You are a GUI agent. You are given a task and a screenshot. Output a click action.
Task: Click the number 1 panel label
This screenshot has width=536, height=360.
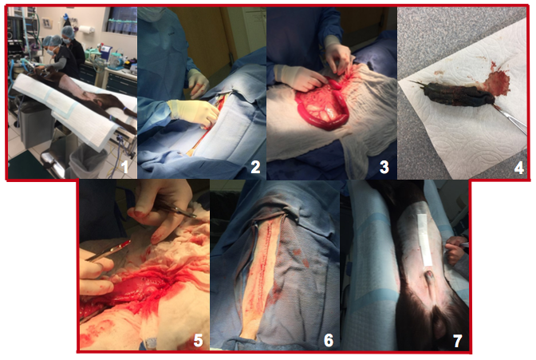pyautogui.click(x=124, y=168)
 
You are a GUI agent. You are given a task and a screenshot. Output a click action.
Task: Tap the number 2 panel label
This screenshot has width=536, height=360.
pyautogui.click(x=255, y=167)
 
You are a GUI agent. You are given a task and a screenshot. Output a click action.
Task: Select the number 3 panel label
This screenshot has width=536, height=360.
pyautogui.click(x=384, y=167)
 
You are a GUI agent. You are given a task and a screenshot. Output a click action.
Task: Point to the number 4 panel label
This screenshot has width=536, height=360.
pyautogui.click(x=518, y=168)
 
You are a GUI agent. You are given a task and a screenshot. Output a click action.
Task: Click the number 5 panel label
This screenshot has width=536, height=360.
pyautogui.click(x=199, y=341)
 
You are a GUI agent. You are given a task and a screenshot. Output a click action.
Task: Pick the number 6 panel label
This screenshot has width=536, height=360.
pyautogui.click(x=328, y=340)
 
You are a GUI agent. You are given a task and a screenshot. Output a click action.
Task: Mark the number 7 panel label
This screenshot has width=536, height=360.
pyautogui.click(x=457, y=340)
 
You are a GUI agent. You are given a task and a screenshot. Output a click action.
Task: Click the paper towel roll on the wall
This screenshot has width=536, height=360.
pyautogui.click(x=86, y=30)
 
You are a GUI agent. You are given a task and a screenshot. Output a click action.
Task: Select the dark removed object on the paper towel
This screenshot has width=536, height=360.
pyautogui.click(x=458, y=95)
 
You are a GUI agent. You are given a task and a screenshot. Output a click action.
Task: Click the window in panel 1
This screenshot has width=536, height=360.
pyautogui.click(x=122, y=20)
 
